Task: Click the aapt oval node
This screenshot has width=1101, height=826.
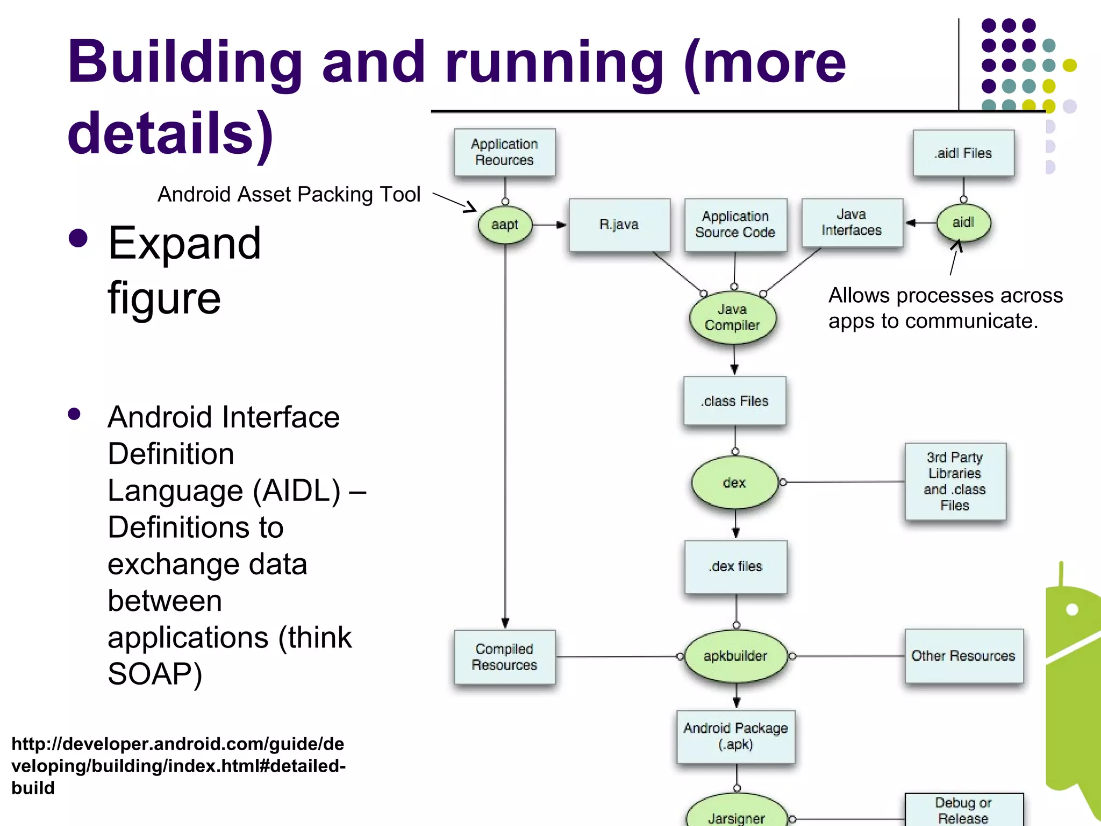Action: tap(505, 225)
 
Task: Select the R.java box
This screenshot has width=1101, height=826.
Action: tap(619, 225)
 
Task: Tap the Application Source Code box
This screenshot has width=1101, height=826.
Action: tap(735, 225)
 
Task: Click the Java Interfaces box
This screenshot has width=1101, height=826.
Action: tap(852, 223)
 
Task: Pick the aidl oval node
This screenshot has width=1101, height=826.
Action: tap(963, 223)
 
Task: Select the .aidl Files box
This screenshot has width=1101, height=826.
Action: tap(963, 153)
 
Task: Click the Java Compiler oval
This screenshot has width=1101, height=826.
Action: tap(733, 318)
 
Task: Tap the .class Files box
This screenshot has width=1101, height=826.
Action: tap(734, 401)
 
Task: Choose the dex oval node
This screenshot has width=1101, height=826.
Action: tap(734, 482)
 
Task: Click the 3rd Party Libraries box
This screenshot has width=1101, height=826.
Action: tap(955, 481)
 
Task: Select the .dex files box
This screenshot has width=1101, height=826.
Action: tap(735, 567)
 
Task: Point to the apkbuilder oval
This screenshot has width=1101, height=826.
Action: tap(735, 656)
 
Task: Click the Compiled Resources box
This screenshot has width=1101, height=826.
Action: tap(504, 657)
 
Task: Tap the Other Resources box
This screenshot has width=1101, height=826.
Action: tap(963, 656)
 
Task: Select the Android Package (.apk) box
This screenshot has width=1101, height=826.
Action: tap(735, 736)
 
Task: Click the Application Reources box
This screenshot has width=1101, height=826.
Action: tap(504, 152)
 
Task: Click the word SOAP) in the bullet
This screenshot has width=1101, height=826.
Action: tap(155, 674)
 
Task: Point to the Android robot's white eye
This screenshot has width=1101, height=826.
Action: tap(1072, 609)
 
